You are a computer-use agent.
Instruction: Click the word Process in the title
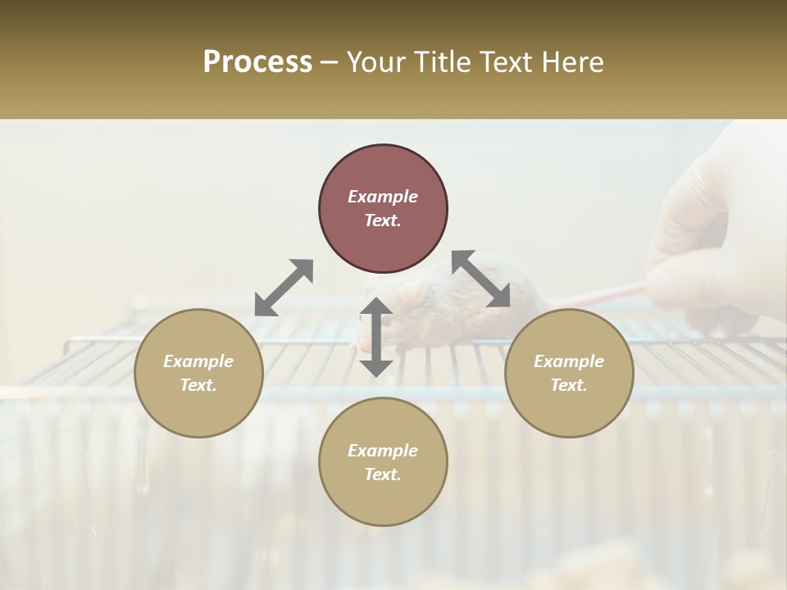(x=257, y=62)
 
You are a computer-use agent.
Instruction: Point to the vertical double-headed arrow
(x=376, y=337)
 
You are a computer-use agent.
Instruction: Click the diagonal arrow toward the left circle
(x=284, y=288)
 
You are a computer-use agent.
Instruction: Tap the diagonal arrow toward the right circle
(x=481, y=279)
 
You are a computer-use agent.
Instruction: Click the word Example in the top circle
(x=383, y=197)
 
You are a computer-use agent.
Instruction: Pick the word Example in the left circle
(x=198, y=361)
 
